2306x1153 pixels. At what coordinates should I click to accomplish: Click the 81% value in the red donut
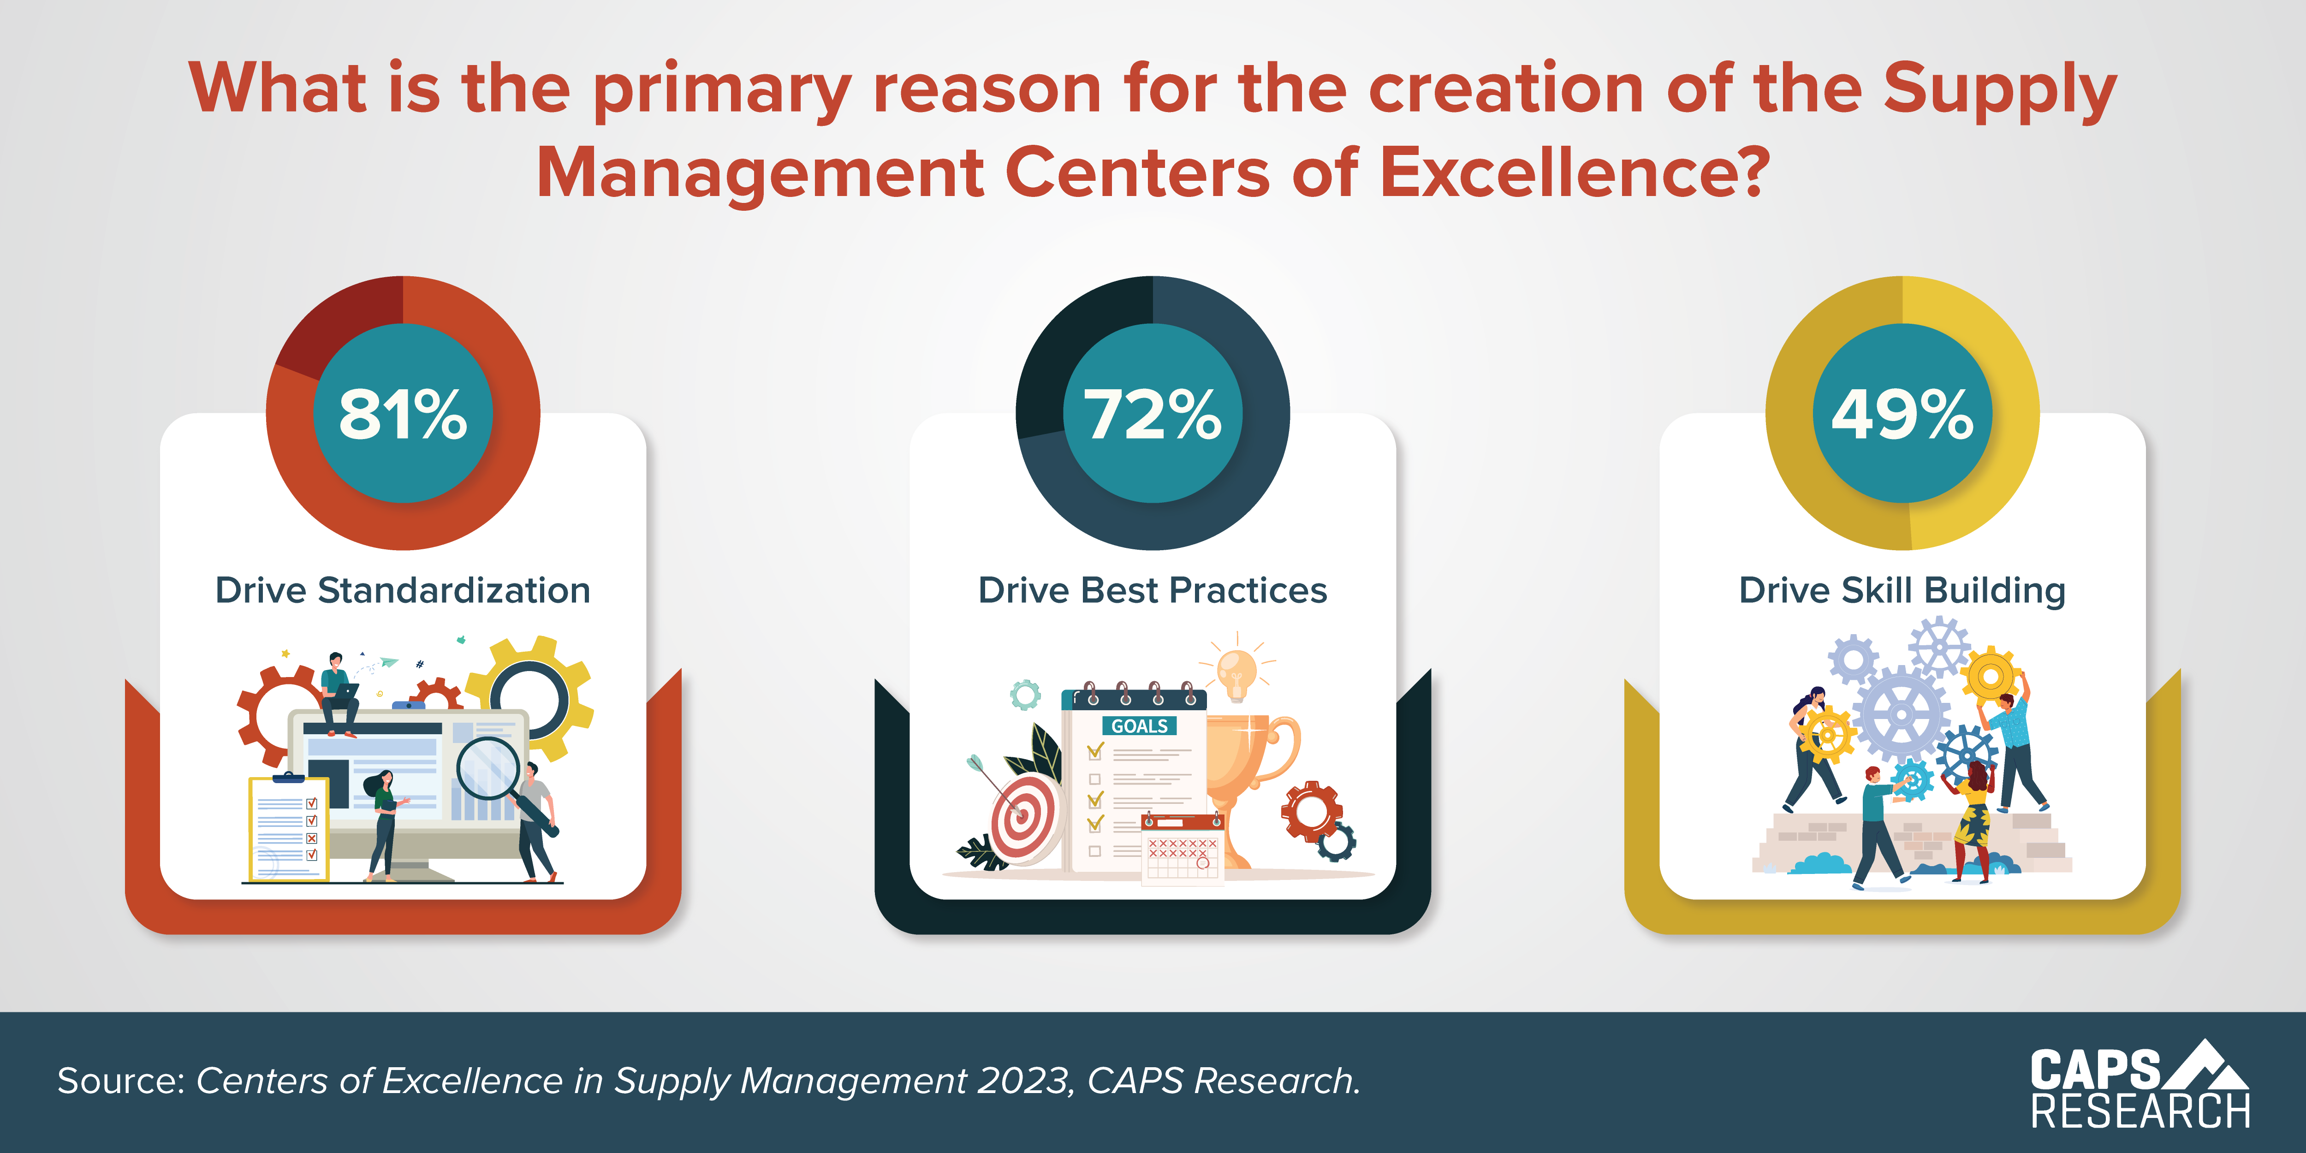[x=403, y=415]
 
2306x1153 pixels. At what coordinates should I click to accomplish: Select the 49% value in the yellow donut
[x=1902, y=415]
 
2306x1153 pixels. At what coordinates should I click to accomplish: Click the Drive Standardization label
[x=403, y=591]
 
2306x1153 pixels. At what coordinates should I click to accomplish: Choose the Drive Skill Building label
[x=1902, y=591]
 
